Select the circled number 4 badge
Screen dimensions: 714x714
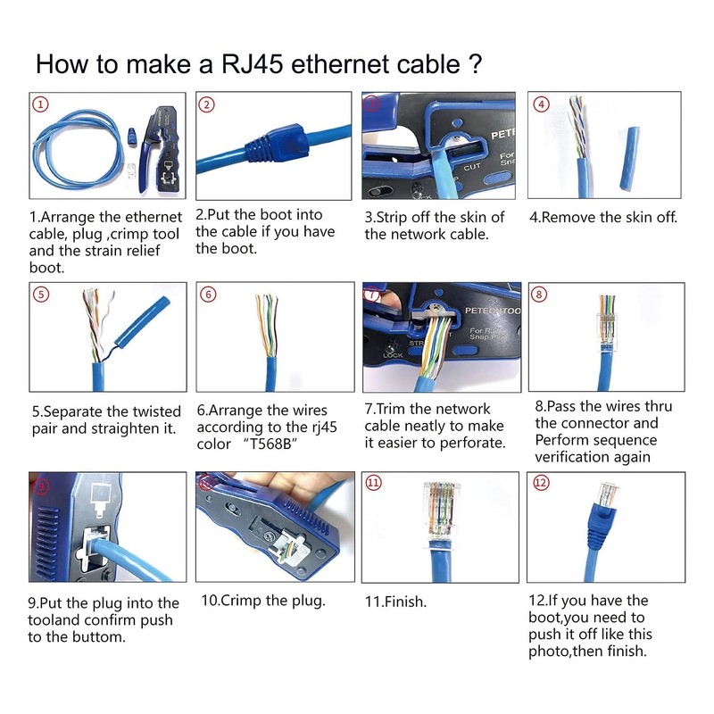pos(541,104)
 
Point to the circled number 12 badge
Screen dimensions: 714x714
pos(541,482)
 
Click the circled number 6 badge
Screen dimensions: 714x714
pos(207,294)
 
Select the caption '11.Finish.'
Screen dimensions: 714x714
pos(395,602)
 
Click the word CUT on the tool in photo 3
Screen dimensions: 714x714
pos(472,167)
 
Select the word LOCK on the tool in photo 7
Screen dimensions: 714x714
pos(393,354)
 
